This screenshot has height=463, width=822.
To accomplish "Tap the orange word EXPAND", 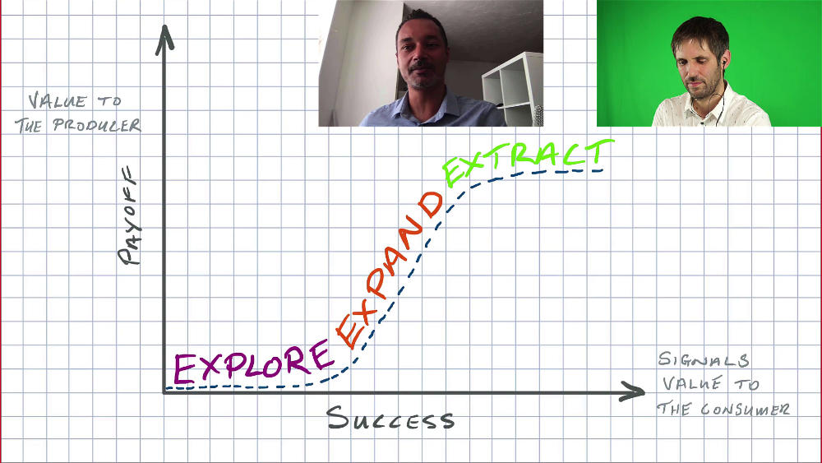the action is click(x=389, y=270).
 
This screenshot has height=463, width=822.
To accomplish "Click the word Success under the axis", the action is click(x=390, y=419).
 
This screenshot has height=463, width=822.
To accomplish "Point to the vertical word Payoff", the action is click(x=128, y=215).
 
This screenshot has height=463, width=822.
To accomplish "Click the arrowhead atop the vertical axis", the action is click(x=164, y=39).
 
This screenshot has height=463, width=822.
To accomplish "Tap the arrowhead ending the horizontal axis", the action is click(x=632, y=391).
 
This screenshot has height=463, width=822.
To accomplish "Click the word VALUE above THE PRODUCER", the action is click(x=57, y=100).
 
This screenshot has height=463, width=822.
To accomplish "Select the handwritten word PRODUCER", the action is click(x=96, y=125).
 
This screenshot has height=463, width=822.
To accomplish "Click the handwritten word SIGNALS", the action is click(x=704, y=359).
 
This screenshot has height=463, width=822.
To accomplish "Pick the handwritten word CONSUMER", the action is click(x=745, y=410).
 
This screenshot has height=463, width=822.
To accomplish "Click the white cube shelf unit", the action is click(x=512, y=88).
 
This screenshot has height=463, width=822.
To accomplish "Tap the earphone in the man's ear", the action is click(x=723, y=63).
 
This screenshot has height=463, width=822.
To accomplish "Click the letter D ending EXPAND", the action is click(x=431, y=205).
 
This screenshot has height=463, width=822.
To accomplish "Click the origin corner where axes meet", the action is click(x=164, y=391).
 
